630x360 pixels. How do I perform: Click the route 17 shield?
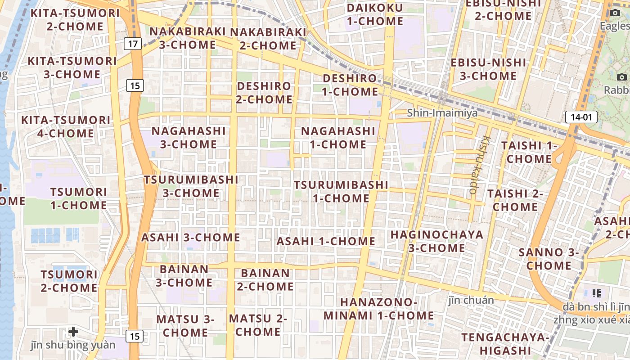coord(132,44)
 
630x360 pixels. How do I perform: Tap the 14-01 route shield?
coord(581,117)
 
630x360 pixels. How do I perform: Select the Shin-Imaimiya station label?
coord(442,113)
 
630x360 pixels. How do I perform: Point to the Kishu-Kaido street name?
coord(477,165)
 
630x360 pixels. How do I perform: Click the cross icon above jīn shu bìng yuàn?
coord(73,332)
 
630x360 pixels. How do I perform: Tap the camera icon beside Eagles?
coord(616,13)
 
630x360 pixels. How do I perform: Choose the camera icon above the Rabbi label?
coord(622,77)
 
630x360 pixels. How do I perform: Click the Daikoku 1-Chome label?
coord(375,14)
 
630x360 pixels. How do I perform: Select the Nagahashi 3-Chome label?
coord(189,138)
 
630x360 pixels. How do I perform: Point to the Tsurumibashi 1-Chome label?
coord(341,192)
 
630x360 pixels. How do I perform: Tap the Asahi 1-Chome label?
coord(326,241)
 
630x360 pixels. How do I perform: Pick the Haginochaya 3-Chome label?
coord(436,241)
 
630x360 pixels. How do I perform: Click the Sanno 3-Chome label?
coord(549,259)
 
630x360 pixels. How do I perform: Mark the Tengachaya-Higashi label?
coord(505,344)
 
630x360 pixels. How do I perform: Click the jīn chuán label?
coord(471,300)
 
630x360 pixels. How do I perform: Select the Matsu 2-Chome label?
coord(258,325)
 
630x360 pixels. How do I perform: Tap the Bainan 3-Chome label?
coord(184,276)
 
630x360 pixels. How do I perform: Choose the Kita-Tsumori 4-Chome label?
coord(66,127)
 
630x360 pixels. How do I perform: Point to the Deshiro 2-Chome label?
coord(264,92)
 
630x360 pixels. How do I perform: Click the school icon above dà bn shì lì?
coord(597,293)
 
